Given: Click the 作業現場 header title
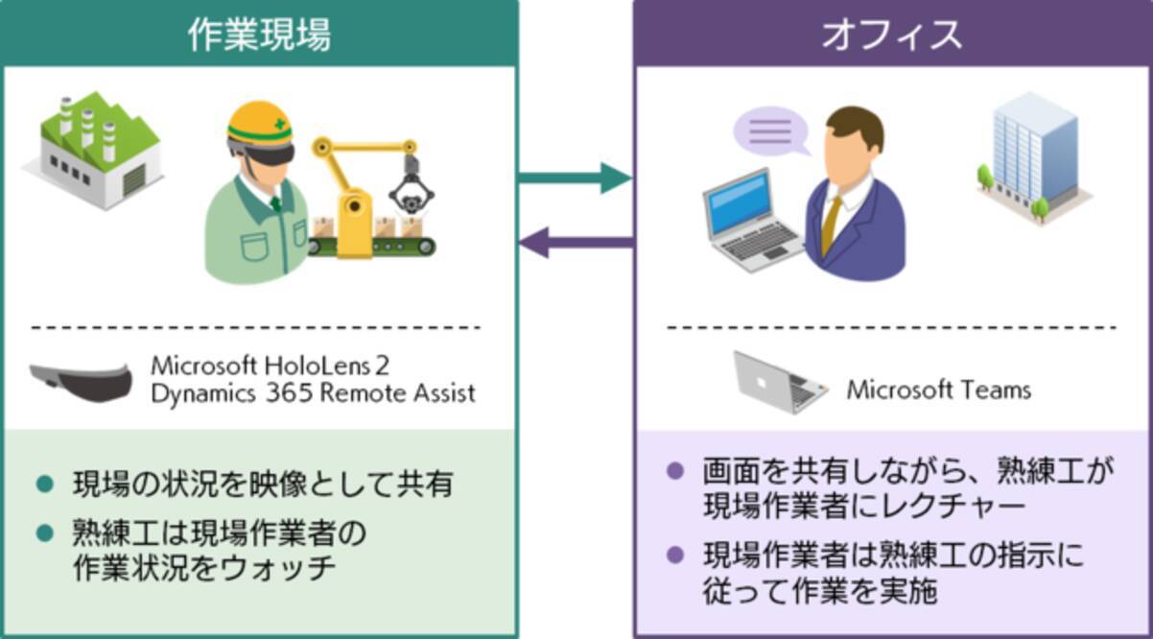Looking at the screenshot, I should pos(259,35).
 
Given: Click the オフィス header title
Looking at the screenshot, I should pos(892,35).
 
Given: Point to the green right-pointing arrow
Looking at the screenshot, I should pos(575,177).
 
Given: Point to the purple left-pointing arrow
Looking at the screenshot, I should pos(576,242).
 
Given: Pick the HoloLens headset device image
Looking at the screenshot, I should pos(81,380).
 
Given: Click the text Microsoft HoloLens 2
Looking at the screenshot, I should pos(271,366).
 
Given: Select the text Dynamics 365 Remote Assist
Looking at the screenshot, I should pos(313,393).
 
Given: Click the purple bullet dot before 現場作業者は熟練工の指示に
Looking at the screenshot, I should pos(676,555).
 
